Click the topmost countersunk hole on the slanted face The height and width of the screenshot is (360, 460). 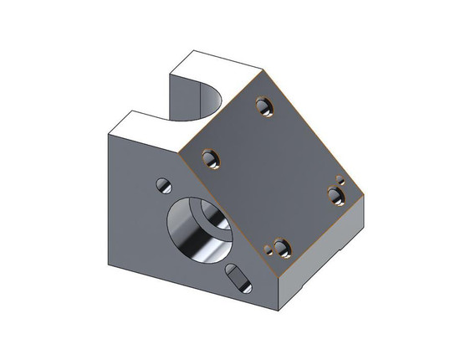tap(265, 105)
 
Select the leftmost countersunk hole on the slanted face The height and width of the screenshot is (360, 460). tap(209, 157)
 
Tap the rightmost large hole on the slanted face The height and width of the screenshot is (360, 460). tap(335, 195)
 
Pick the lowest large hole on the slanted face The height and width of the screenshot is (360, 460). tap(279, 248)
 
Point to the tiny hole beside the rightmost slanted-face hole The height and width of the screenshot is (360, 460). tap(340, 178)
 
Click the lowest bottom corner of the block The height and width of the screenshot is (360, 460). tap(279, 311)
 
